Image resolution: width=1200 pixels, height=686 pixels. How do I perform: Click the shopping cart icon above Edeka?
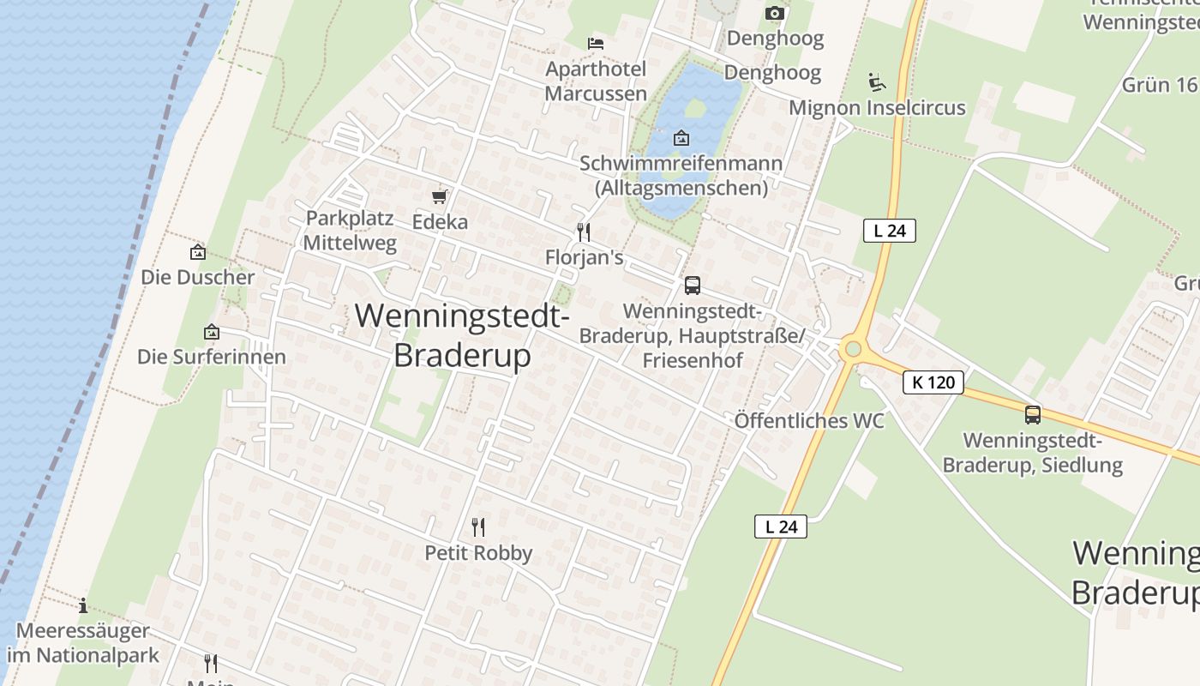point(440,198)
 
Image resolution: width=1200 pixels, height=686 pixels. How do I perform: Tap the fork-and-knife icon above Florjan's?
point(583,232)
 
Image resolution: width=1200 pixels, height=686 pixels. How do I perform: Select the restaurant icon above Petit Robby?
point(478,527)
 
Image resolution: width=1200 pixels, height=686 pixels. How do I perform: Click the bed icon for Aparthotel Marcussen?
point(596,43)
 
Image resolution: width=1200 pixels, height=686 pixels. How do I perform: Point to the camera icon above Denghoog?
point(775,13)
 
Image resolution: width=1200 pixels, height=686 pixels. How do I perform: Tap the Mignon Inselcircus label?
point(877,108)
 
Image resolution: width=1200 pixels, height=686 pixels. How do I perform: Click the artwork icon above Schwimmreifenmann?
point(681,137)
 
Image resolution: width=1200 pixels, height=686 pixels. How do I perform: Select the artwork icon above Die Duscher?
point(198,252)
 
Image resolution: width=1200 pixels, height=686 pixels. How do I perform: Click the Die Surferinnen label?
point(212,357)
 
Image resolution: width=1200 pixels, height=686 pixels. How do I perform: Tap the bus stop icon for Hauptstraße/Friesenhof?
point(692,286)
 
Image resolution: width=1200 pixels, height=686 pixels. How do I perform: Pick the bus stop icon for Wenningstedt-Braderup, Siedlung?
point(1033,415)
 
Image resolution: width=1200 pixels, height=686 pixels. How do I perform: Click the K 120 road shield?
point(933,382)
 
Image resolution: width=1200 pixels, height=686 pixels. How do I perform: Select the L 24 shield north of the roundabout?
point(890,231)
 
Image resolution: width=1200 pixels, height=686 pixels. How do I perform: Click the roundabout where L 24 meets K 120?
point(852,349)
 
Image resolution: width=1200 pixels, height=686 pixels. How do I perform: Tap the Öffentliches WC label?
point(809,421)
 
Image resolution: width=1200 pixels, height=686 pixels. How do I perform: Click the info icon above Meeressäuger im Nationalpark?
point(83,605)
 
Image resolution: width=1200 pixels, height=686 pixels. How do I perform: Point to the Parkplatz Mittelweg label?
point(350,231)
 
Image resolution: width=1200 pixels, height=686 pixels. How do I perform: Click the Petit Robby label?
point(478,553)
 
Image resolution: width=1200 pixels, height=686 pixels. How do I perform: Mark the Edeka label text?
point(440,222)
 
